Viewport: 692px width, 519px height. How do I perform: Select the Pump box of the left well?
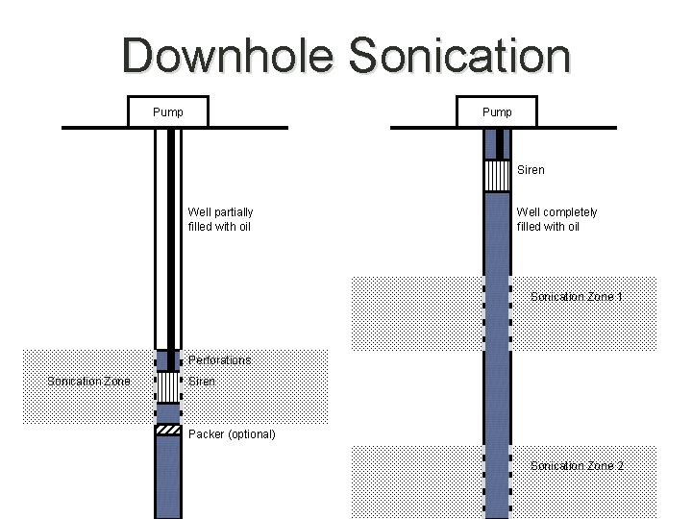[x=169, y=112]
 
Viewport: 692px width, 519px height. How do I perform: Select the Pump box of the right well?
[x=497, y=112]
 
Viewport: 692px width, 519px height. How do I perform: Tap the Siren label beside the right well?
[x=531, y=170]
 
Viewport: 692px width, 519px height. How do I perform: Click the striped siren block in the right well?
[x=497, y=176]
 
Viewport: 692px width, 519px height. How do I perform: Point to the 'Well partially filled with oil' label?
[x=220, y=219]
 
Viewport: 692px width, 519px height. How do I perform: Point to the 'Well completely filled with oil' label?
[x=556, y=219]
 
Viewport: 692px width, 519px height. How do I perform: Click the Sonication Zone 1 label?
[x=577, y=297]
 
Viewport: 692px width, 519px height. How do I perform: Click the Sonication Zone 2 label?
[x=577, y=466]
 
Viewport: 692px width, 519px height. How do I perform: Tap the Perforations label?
[x=220, y=360]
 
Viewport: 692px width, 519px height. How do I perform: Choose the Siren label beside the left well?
[x=202, y=382]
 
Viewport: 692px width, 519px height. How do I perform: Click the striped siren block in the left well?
[x=168, y=386]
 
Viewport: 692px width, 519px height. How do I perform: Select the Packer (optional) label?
[x=232, y=434]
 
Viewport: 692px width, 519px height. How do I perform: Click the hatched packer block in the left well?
[x=168, y=430]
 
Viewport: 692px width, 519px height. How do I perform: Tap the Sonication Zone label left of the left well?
[x=88, y=382]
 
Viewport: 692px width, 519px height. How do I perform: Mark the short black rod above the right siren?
[x=497, y=144]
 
